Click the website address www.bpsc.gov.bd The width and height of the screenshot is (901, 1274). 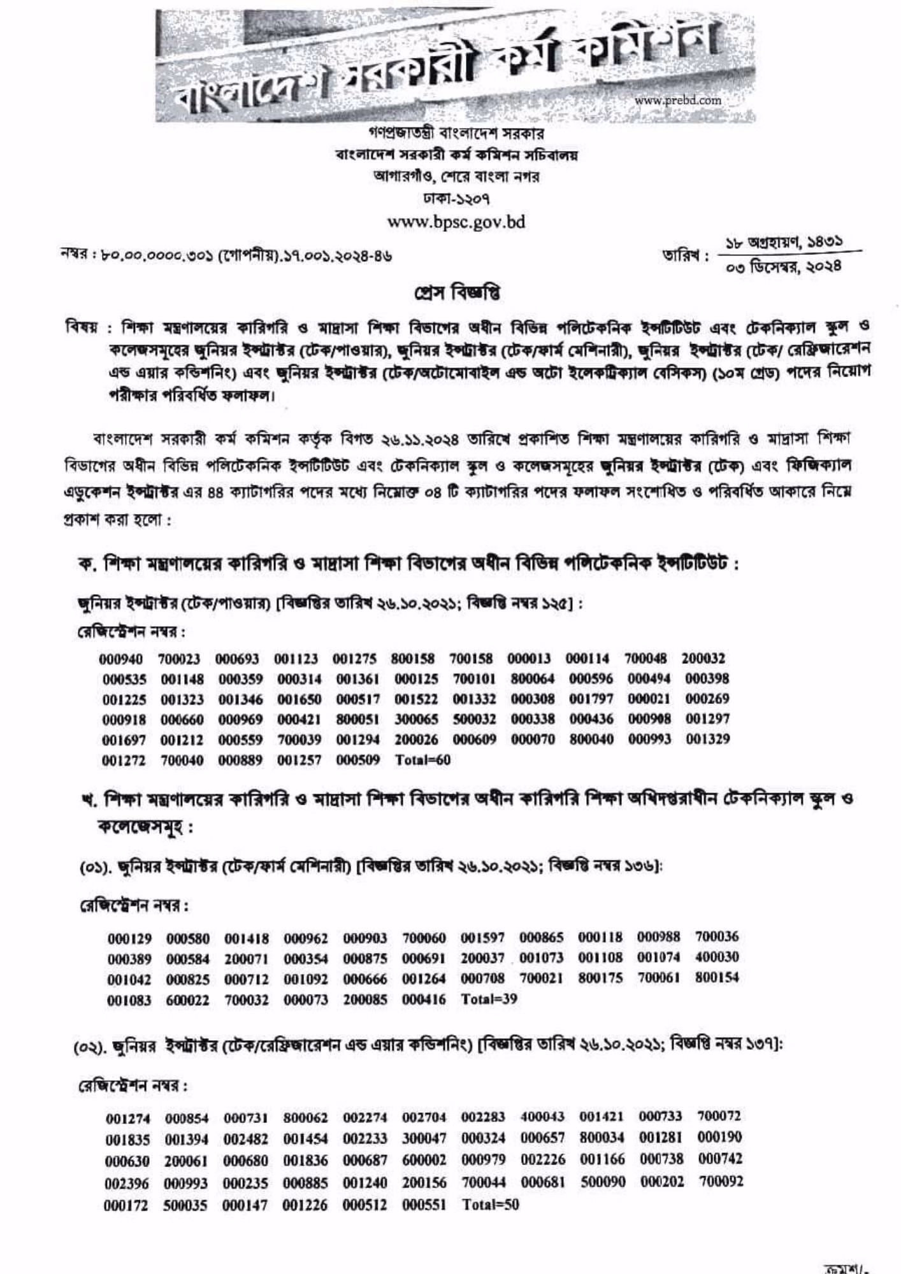click(456, 222)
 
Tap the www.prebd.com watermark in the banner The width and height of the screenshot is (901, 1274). click(678, 100)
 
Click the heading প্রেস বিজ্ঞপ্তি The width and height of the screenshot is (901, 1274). click(456, 292)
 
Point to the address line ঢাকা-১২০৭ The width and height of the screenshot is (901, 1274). click(456, 199)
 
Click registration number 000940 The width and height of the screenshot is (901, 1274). click(121, 659)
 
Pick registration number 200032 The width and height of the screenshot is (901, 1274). click(703, 658)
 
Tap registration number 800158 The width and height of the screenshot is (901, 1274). click(413, 659)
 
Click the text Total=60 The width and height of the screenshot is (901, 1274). click(422, 760)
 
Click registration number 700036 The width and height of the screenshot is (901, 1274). click(717, 936)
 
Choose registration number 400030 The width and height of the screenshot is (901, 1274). click(717, 957)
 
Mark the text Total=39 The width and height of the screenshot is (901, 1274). click(489, 999)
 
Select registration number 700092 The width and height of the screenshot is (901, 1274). click(721, 1182)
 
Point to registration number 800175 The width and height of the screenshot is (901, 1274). click(600, 978)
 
